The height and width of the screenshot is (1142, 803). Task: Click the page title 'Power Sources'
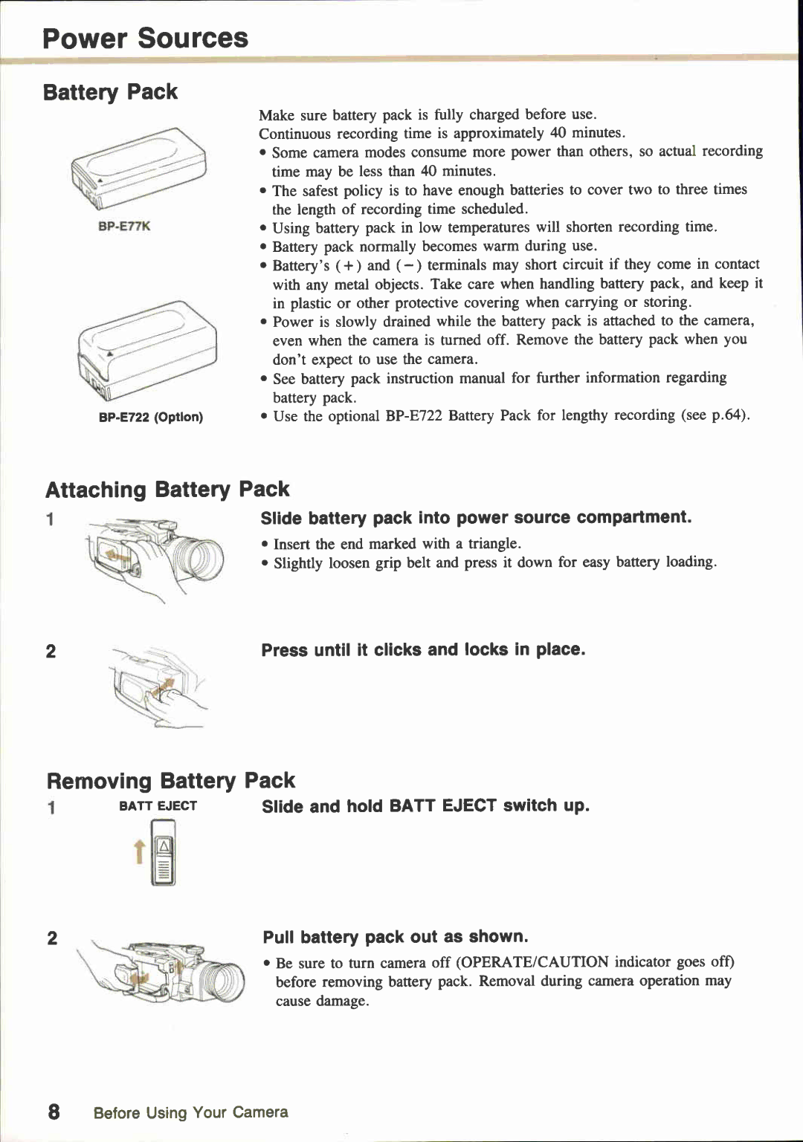145,38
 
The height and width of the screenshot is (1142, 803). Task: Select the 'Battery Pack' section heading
110,92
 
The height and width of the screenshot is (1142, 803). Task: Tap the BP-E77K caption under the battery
124,226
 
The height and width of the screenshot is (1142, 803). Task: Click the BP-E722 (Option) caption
151,417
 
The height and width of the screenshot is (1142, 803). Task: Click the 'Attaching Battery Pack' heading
167,490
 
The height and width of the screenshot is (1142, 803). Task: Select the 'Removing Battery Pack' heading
170,781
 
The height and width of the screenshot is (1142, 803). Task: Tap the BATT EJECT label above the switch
158,806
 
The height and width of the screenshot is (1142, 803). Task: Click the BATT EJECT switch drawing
164,853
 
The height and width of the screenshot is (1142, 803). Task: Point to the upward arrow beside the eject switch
138,851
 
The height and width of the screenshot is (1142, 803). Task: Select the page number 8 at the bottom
53,1112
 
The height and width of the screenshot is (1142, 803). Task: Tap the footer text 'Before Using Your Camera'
190,1112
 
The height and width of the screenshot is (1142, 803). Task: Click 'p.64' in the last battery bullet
726,415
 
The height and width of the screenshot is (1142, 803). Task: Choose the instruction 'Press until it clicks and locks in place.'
423,650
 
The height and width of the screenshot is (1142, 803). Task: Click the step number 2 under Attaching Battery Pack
51,652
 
